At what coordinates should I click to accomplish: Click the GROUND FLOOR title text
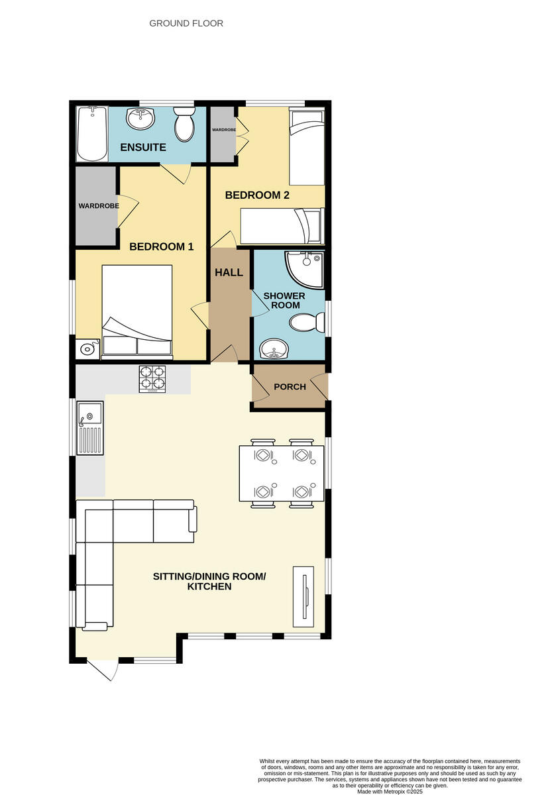coord(186,23)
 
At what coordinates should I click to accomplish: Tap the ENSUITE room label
coord(143,147)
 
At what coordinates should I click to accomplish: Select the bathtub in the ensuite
coord(92,134)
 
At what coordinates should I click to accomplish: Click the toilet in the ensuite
coord(184,124)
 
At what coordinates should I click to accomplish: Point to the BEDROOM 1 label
coord(161,246)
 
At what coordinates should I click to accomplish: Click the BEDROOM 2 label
coord(257,195)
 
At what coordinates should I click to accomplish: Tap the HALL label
coord(229,272)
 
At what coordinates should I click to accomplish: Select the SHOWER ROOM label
coord(284,300)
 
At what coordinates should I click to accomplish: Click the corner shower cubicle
coord(304,270)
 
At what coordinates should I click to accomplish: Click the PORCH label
coord(290,386)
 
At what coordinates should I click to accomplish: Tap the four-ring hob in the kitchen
coord(152,379)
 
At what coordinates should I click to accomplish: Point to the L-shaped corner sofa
coord(113,543)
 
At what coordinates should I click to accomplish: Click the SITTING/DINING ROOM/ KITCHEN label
coord(209,582)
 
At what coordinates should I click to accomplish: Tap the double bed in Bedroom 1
coord(136,311)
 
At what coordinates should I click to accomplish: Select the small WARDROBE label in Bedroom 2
coord(223,129)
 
